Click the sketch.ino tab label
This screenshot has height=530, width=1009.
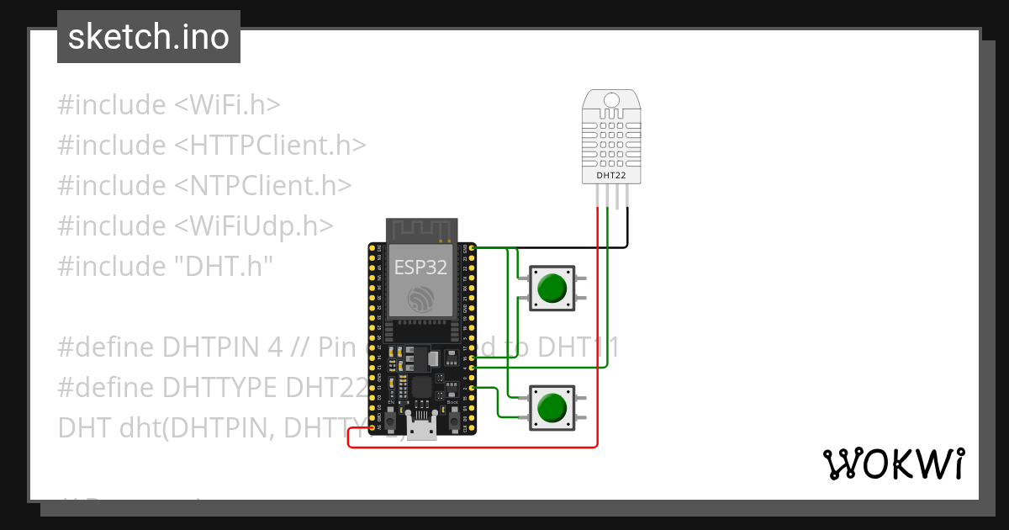pyautogui.click(x=149, y=37)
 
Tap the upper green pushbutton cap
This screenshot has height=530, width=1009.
pyautogui.click(x=552, y=288)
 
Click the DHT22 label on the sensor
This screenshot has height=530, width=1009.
pyautogui.click(x=611, y=175)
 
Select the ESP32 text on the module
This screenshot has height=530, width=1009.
pyautogui.click(x=420, y=268)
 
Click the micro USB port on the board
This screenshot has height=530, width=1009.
pyautogui.click(x=421, y=429)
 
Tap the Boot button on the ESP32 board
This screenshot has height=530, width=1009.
pyautogui.click(x=452, y=415)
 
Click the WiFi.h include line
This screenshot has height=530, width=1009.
pyautogui.click(x=168, y=105)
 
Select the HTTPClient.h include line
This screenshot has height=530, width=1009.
pyautogui.click(x=212, y=146)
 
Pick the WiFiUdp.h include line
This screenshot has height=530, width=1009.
pyautogui.click(x=195, y=226)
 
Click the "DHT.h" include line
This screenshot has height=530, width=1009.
pyautogui.click(x=166, y=267)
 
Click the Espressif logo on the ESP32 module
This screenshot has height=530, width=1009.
pyautogui.click(x=420, y=299)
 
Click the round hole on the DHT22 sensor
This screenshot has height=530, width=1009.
pyautogui.click(x=611, y=101)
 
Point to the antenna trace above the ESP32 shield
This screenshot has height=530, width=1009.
pyautogui.click(x=420, y=229)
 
